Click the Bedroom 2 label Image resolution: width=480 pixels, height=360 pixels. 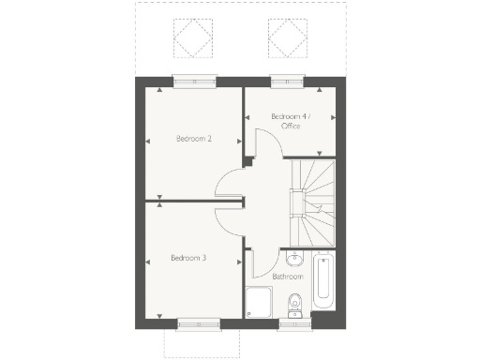coord(194,139)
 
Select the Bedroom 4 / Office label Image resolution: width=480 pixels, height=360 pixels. coord(290,120)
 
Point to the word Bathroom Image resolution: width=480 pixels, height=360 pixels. coord(287,277)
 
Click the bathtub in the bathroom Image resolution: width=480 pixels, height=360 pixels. coord(322,282)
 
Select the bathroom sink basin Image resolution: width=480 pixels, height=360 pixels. coord(293,260)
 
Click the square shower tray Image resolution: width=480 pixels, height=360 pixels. coord(258,302)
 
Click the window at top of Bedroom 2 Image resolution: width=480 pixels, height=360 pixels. coord(194,79)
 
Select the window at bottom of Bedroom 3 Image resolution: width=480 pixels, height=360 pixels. coord(200,324)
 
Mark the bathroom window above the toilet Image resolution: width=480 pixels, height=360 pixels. coord(294,324)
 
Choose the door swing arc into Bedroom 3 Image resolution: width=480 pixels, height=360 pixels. coord(228,218)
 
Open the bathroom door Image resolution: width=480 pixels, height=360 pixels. coord(263,262)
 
